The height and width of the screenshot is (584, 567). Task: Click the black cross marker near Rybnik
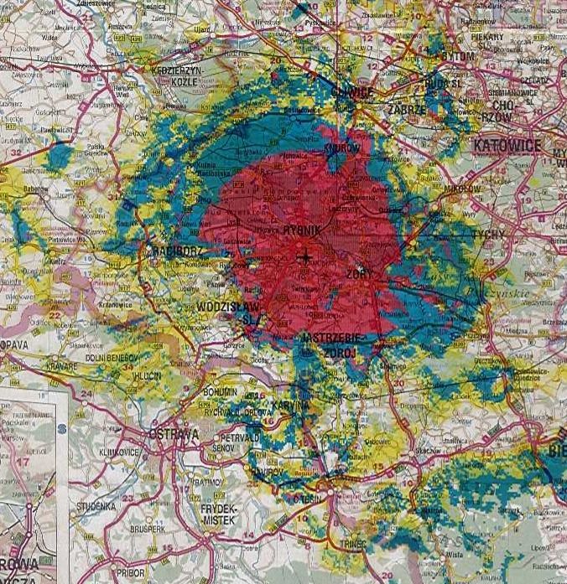[305, 257]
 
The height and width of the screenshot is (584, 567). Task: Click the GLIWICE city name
[351, 93]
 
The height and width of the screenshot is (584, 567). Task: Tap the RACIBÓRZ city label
[175, 251]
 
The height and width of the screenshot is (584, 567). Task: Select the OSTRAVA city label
[173, 434]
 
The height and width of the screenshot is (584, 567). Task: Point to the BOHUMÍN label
[220, 392]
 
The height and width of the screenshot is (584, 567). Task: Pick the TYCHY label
[490, 235]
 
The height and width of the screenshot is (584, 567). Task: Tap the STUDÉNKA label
[96, 507]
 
